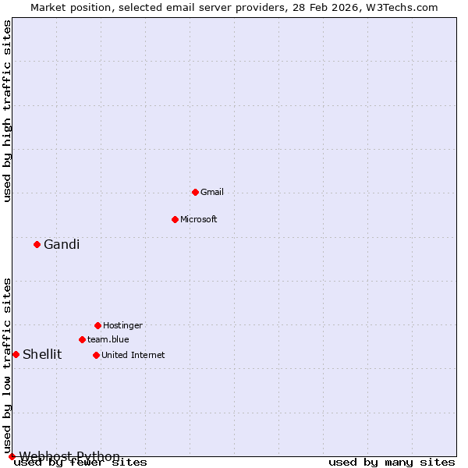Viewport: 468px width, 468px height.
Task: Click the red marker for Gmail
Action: pos(195,192)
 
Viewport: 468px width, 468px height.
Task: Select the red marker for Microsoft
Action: pos(175,219)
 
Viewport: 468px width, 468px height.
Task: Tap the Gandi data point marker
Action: pos(37,244)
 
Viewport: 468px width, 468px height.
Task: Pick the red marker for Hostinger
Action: pos(97,325)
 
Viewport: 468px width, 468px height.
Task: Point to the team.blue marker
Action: pos(82,339)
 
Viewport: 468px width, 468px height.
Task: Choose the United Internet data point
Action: pos(96,355)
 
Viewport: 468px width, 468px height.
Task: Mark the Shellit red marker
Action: pos(16,354)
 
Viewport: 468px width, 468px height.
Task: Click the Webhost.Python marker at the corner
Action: pos(12,456)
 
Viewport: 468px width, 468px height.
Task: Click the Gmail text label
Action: pos(212,192)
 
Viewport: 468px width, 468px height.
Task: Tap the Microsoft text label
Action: pos(199,219)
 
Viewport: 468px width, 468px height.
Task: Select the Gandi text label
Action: pos(62,244)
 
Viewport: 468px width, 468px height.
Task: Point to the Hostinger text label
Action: pos(122,325)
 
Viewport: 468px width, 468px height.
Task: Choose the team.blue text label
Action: pos(108,339)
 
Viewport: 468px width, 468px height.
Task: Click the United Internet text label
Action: pos(133,355)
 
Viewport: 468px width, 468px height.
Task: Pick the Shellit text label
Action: pos(42,354)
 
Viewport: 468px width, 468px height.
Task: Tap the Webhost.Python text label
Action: pos(69,456)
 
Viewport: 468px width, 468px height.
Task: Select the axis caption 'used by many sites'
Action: pos(392,463)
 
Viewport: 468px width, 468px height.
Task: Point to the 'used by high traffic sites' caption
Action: pos(8,111)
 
